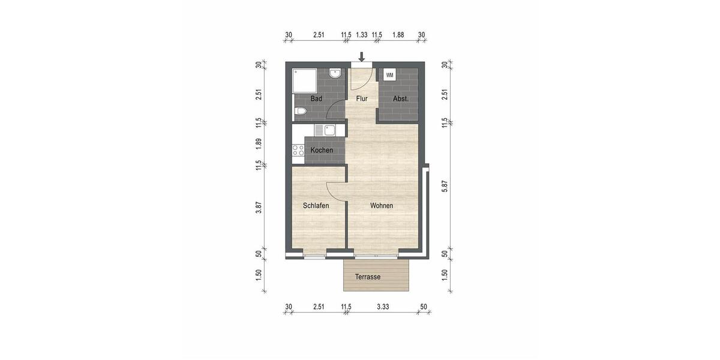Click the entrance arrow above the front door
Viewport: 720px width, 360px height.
[361, 57]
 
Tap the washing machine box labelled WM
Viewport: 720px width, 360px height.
[389, 75]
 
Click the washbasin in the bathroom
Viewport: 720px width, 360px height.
[336, 74]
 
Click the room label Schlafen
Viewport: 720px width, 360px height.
[316, 206]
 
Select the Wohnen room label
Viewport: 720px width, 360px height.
[382, 206]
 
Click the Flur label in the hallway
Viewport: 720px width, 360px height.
[362, 98]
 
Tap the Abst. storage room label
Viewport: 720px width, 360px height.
[400, 98]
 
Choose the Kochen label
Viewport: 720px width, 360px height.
[322, 150]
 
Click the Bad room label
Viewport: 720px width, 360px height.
[317, 98]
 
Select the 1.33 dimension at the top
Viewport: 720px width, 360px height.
[361, 35]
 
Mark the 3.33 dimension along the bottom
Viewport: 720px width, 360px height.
[383, 307]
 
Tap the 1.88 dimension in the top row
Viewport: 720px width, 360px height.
[397, 35]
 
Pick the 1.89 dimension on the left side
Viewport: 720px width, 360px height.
[258, 143]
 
